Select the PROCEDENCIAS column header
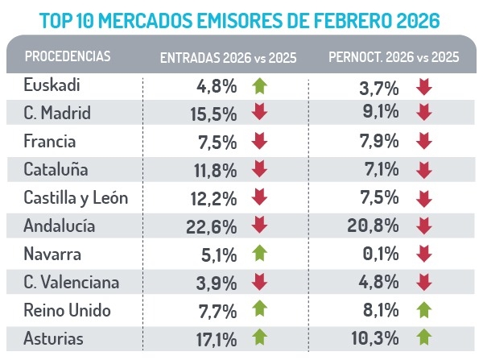click(68, 57)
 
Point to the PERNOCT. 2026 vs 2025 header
click(394, 57)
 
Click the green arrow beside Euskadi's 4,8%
click(258, 85)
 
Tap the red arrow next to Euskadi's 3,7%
click(423, 85)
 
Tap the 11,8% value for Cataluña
click(217, 168)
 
